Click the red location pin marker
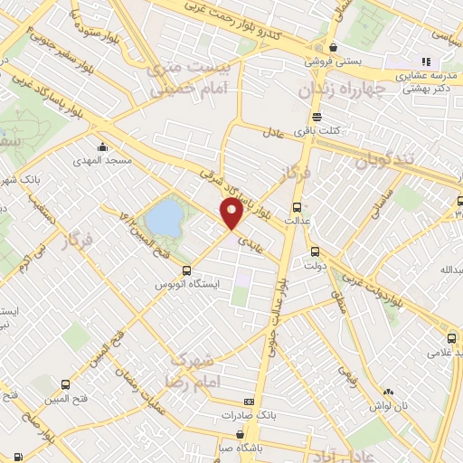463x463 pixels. point(232,214)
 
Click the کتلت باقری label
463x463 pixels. point(335,130)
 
